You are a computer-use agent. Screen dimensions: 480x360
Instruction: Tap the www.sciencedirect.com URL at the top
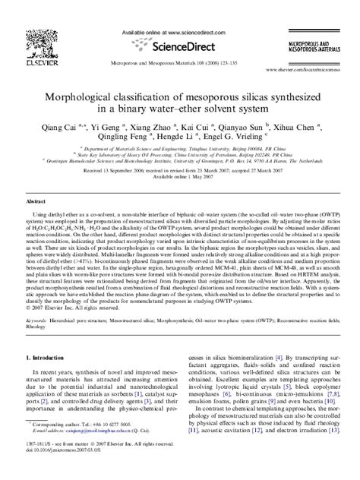pos(190,33)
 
